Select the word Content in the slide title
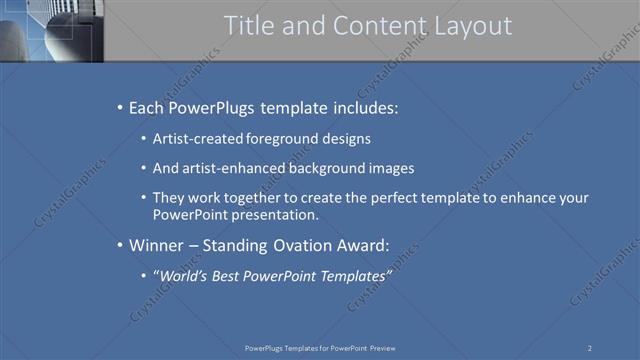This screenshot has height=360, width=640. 371,26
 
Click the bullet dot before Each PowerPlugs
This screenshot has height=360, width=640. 120,107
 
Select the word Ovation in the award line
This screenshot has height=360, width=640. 302,244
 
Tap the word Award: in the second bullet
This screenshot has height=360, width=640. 361,244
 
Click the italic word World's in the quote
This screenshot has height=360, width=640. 181,274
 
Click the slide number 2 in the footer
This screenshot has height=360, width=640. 590,347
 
